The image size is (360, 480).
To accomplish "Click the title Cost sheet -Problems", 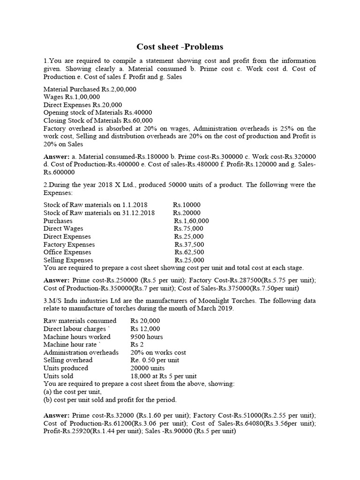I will coord(180,47).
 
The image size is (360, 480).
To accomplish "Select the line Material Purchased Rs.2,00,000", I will coord(90,89).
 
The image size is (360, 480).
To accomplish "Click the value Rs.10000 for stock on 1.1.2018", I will coord(187,205).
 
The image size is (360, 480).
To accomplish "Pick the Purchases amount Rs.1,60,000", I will coord(191,221).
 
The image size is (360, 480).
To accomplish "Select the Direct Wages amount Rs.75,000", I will coord(189,229).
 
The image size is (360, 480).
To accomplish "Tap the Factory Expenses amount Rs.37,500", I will coord(189,244).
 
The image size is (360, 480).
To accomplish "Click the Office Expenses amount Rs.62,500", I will coord(189,252).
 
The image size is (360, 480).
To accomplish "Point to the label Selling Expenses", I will coord(68,260).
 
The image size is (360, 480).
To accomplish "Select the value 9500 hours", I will coord(147,337).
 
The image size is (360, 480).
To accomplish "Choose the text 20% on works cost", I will coord(158,352).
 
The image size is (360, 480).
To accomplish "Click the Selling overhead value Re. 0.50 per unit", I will coord(155,360).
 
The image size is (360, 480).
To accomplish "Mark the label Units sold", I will coord(58,376).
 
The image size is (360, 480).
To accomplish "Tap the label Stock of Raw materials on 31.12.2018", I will coord(96,213).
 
